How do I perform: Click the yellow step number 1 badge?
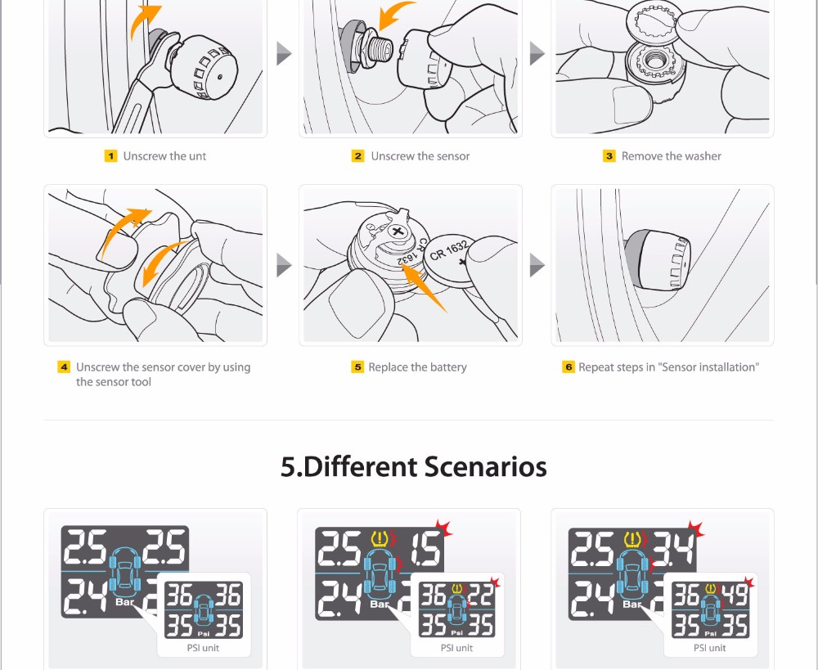point(110,156)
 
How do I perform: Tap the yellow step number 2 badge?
point(358,156)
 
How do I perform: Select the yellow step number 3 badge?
point(609,156)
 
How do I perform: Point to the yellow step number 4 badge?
point(64,366)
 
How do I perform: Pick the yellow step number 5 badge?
point(357,366)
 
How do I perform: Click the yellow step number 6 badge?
point(569,366)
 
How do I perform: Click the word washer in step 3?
point(703,156)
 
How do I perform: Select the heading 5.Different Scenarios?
point(414,466)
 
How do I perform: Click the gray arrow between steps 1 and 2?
point(283,53)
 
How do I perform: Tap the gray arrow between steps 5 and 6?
point(537,265)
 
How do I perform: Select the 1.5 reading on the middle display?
point(426,548)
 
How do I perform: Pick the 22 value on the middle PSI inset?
point(481,595)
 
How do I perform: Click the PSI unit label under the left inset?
point(203,648)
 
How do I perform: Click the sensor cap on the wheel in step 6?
point(658,260)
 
